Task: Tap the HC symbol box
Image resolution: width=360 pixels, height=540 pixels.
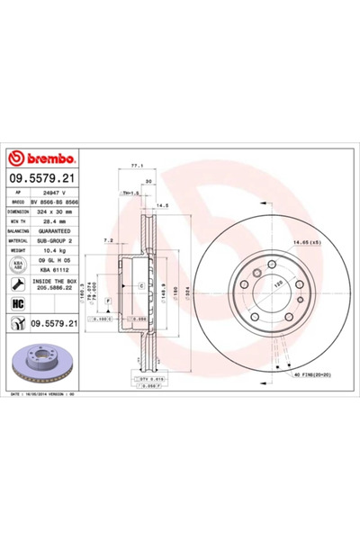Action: coord(16,303)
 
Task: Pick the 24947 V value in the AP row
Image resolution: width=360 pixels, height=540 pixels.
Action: coord(56,193)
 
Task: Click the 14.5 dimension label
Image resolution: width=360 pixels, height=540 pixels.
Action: coord(163,208)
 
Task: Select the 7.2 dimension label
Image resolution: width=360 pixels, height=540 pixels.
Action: coord(108,240)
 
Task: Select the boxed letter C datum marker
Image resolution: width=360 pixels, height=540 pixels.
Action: coord(140,285)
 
